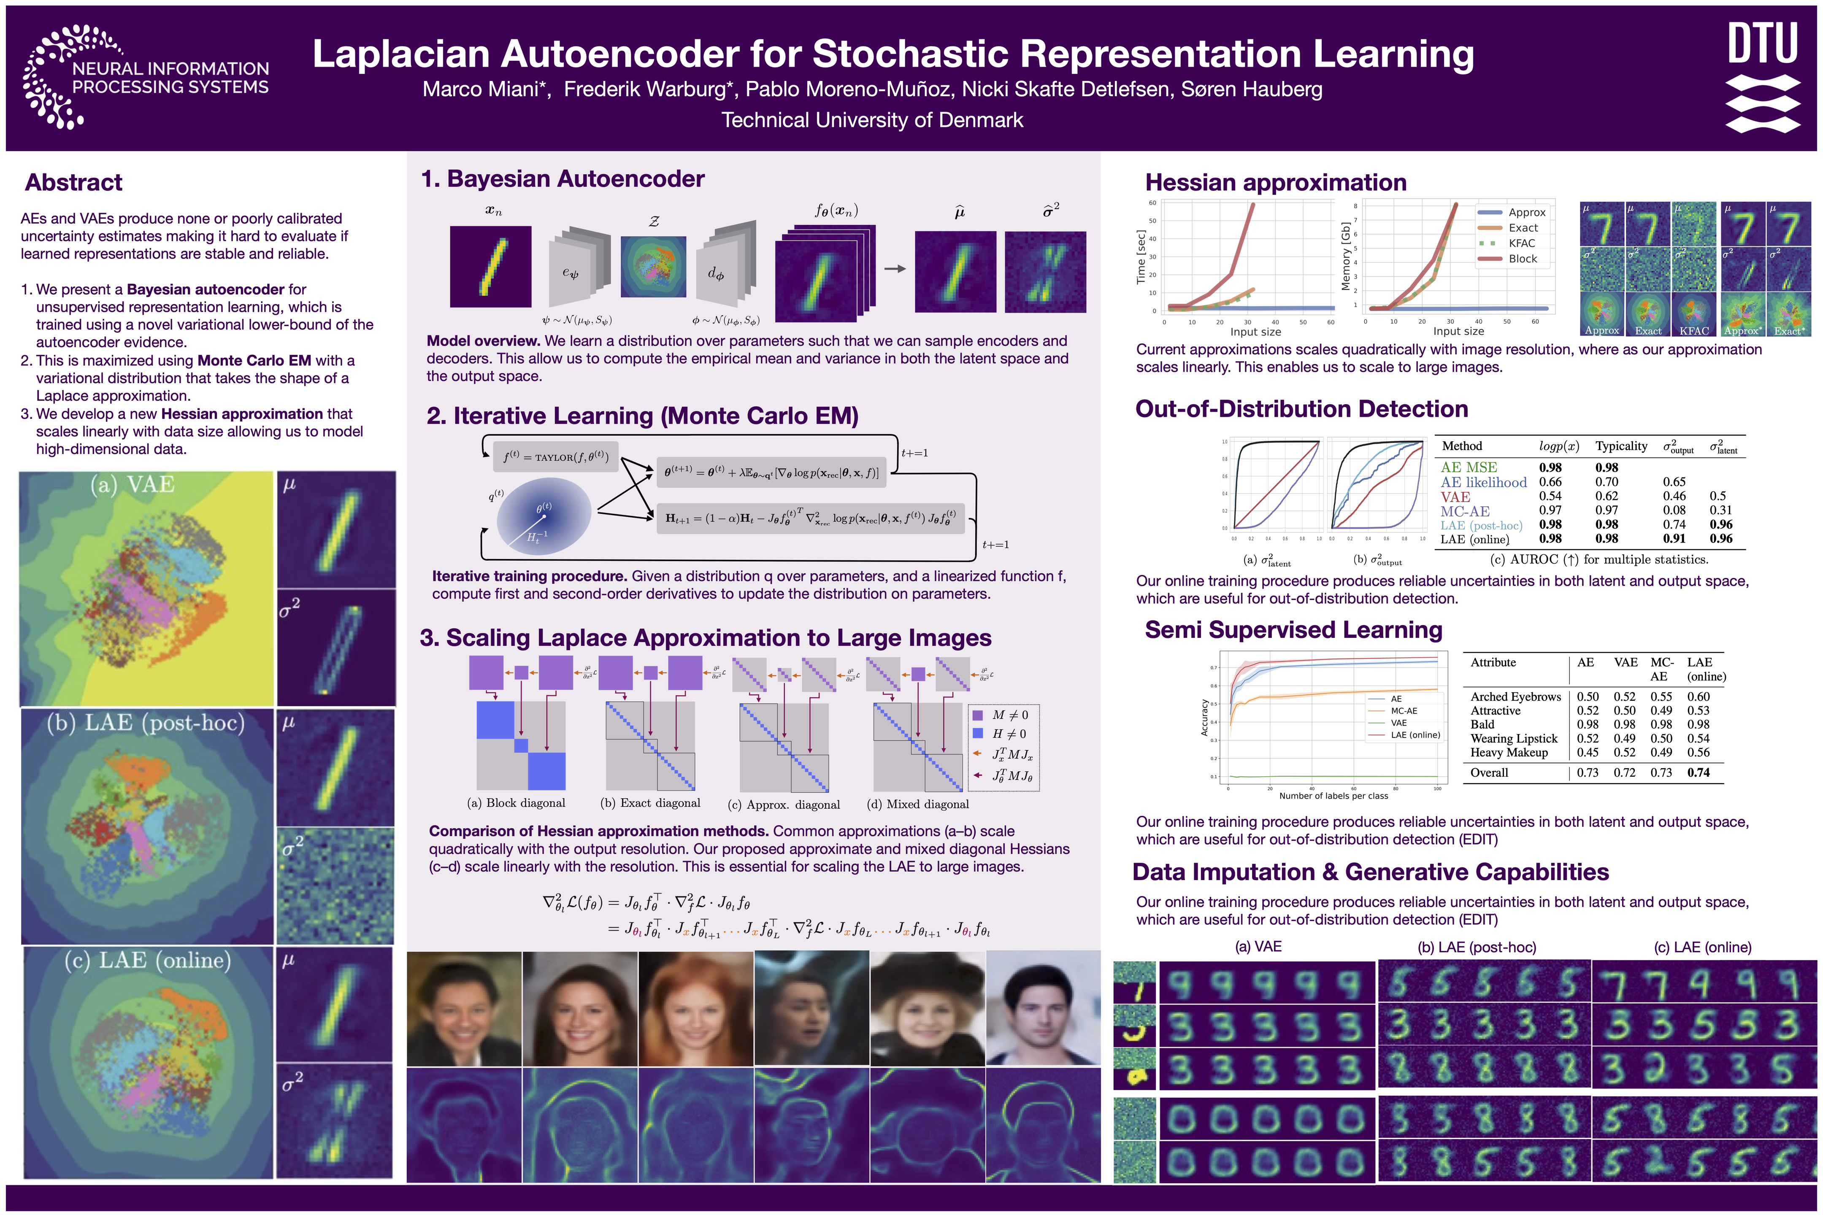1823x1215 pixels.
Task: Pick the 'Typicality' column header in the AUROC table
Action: (1621, 446)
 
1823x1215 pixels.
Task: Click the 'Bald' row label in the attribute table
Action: (1482, 724)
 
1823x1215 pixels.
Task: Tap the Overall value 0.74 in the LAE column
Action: (1698, 772)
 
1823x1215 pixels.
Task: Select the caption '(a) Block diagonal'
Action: (516, 803)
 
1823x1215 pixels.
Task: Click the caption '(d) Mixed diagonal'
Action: (917, 805)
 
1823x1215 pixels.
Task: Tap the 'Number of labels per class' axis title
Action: (1333, 796)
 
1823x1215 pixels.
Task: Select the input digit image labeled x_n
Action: (491, 267)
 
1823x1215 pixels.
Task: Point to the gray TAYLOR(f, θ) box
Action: (556, 457)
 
